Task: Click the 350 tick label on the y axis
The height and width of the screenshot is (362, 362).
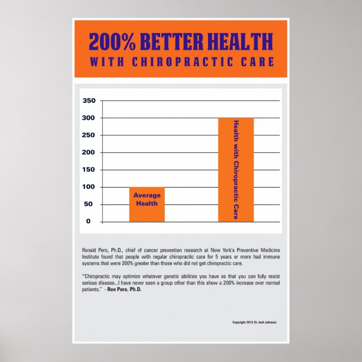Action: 89,101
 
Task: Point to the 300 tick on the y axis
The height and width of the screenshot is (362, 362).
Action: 89,118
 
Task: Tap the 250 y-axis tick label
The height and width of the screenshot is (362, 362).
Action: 89,135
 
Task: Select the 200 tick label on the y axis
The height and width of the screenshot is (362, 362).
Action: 89,152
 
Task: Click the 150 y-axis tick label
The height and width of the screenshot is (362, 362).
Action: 89,170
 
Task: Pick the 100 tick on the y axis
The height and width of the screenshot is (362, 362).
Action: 89,187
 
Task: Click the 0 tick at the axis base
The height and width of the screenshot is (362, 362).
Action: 88,221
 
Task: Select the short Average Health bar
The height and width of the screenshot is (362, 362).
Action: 147,205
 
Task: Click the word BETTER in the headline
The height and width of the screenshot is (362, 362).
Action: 170,42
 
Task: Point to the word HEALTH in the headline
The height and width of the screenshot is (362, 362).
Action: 240,42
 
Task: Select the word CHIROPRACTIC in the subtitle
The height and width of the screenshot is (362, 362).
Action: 186,61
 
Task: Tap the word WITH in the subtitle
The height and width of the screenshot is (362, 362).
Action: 106,61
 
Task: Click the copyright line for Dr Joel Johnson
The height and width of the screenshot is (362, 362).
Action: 254,323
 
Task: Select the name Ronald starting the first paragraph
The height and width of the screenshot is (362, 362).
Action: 89,248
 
